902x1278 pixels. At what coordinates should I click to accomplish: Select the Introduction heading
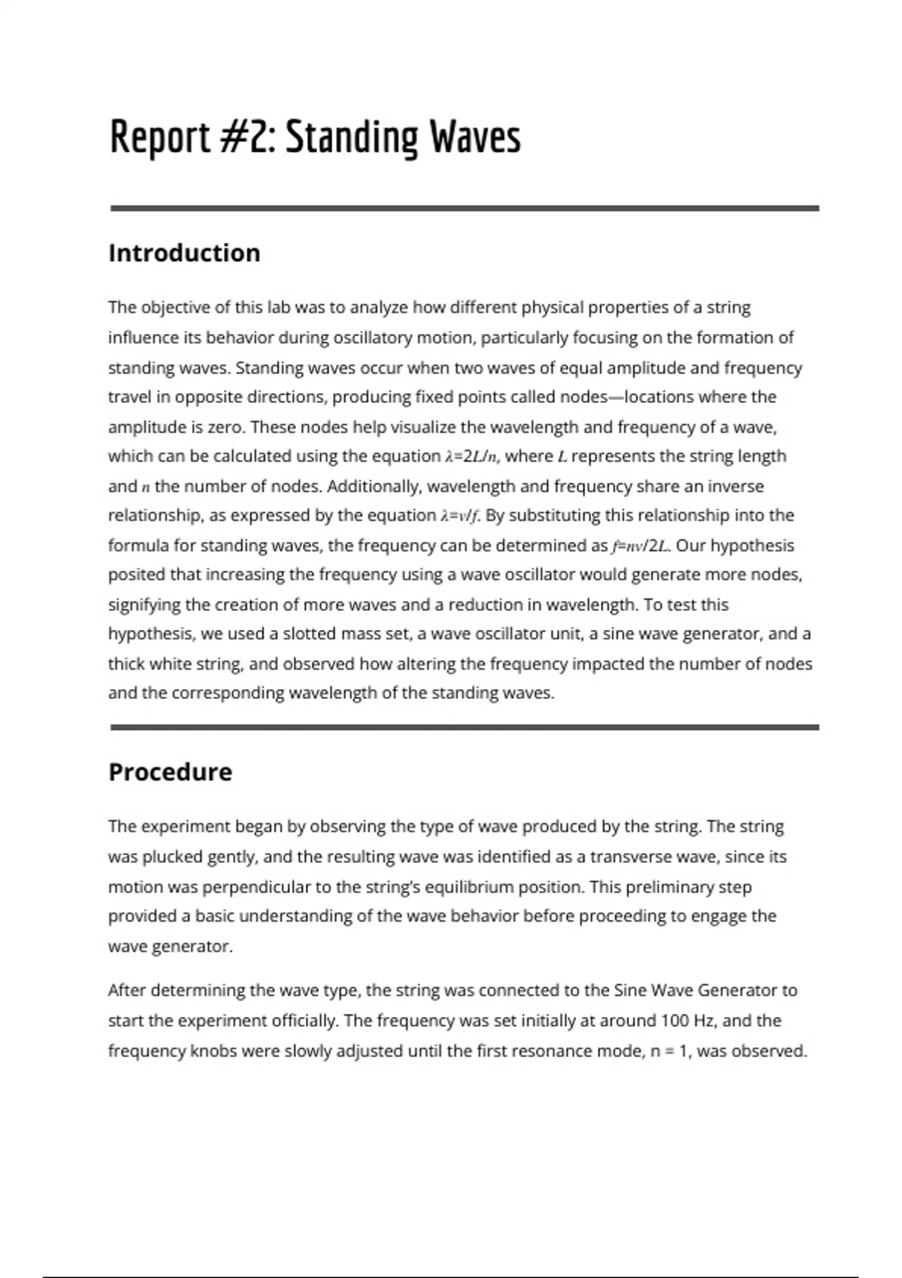184,253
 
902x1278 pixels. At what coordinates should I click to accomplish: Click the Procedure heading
170,772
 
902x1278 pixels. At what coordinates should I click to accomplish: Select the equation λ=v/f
460,516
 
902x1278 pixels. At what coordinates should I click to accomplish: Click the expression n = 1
667,1051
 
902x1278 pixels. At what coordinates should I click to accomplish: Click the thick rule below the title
465,208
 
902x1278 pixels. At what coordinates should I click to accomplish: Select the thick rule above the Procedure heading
465,727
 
